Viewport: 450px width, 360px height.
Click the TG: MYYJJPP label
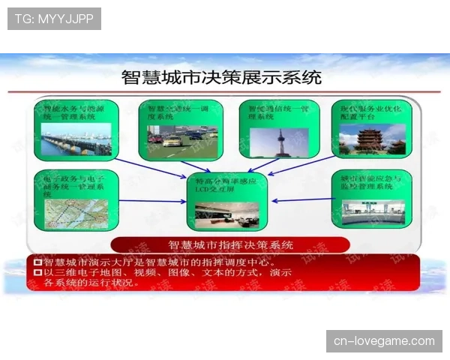click(x=53, y=19)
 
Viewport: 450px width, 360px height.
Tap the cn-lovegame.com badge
click(x=384, y=341)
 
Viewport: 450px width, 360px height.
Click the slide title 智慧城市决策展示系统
click(x=221, y=76)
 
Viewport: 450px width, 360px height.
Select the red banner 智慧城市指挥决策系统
click(x=230, y=244)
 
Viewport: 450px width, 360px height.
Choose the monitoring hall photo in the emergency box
click(x=372, y=212)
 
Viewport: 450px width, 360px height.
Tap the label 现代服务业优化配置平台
click(x=371, y=112)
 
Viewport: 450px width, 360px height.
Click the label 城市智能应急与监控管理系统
click(x=371, y=181)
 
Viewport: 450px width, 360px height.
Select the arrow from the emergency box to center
click(x=301, y=200)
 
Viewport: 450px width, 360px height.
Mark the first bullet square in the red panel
click(x=37, y=262)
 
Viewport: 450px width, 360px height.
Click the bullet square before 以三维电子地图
click(x=37, y=272)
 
